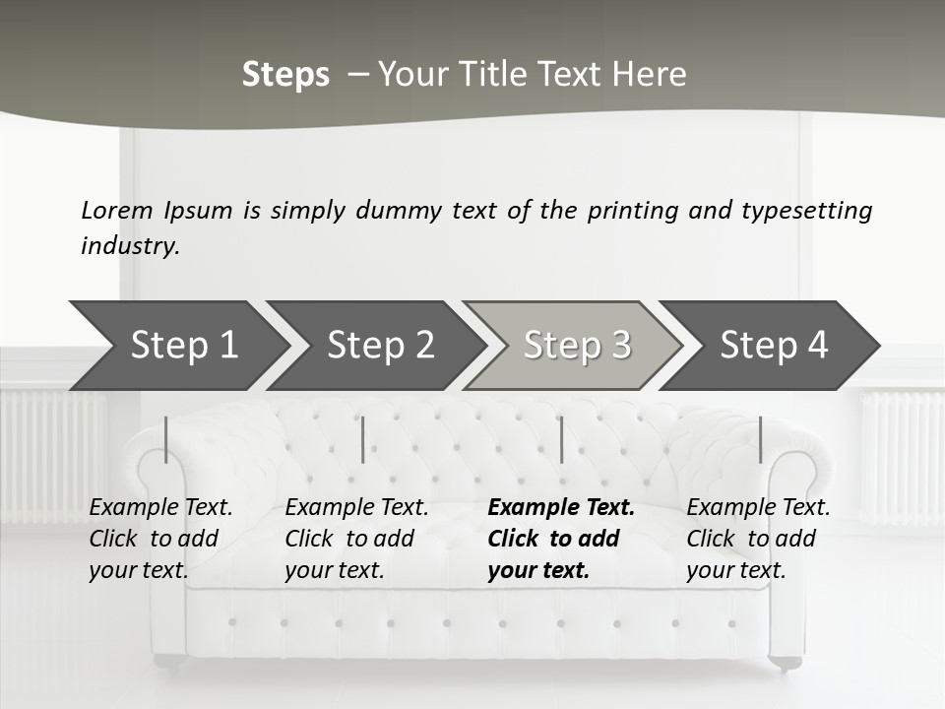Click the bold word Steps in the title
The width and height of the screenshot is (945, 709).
pos(285,75)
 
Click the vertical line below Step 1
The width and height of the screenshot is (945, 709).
pos(166,439)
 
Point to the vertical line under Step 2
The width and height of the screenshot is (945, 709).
pos(363,439)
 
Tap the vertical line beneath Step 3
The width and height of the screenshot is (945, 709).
pos(561,439)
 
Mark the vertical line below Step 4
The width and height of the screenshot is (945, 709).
pos(760,439)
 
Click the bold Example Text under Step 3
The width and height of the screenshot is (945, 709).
pos(561,508)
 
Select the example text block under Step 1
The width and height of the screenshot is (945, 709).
pos(160,539)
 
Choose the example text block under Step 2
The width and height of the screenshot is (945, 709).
pos(356,539)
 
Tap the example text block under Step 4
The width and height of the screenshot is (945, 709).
pos(758,539)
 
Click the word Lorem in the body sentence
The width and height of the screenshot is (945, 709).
pos(117,210)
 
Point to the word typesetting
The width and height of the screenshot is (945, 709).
pos(806,210)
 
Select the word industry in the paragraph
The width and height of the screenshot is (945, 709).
pos(130,246)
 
